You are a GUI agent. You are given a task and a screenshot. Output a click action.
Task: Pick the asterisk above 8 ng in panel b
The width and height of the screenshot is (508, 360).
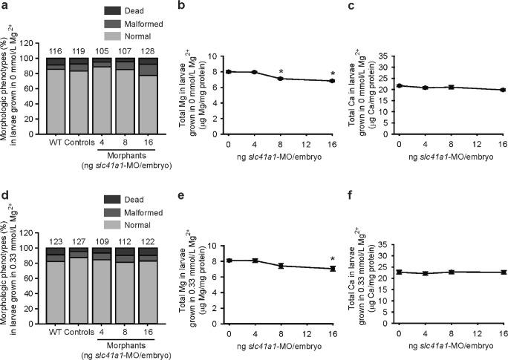(x=281, y=72)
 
